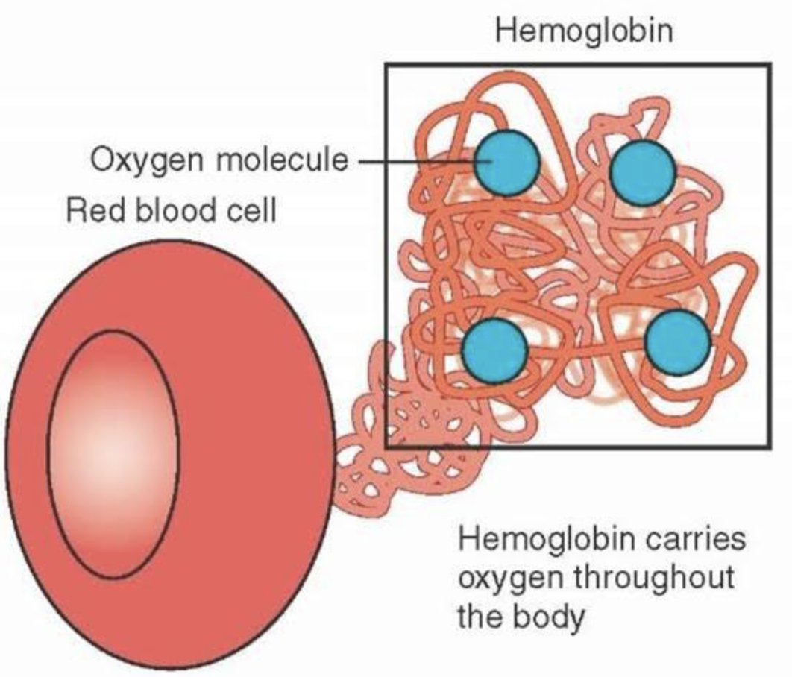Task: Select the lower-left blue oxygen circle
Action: (x=494, y=348)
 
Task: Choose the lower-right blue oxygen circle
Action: (x=677, y=342)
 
